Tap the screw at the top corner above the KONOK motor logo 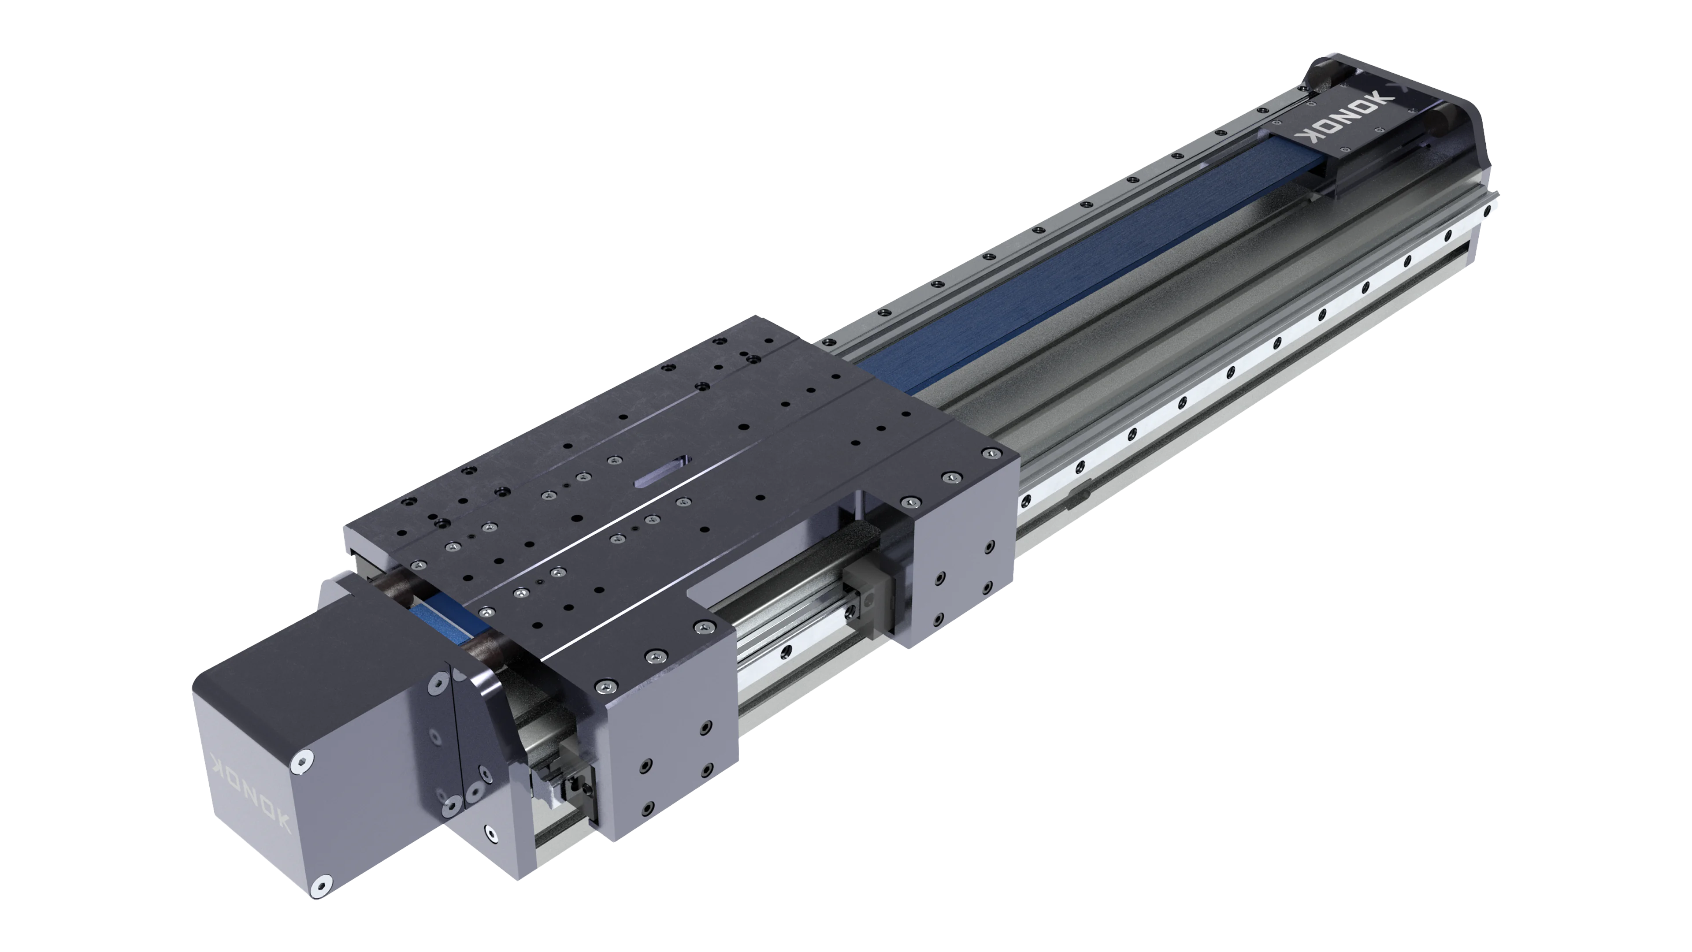click(301, 762)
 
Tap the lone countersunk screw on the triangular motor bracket click(490, 833)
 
